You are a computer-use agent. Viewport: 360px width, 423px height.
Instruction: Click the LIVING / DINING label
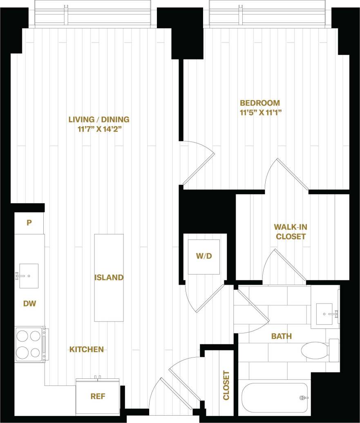pos(99,119)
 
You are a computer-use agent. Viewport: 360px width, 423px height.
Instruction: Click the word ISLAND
pos(109,277)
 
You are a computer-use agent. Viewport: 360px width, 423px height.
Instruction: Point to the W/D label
pos(204,256)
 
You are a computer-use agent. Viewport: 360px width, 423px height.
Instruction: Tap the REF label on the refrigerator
pos(98,396)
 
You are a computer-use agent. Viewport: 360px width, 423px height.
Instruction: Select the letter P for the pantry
pos(29,223)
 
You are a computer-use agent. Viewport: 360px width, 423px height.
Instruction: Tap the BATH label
pos(282,336)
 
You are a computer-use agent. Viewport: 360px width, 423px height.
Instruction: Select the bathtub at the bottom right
pos(274,398)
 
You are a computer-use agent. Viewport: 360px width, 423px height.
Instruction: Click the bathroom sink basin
pos(325,314)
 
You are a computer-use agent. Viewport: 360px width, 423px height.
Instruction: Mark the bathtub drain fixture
pos(303,398)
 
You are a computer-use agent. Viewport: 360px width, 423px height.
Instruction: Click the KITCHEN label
pos(86,349)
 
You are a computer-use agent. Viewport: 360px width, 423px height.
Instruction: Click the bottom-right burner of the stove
pos(36,352)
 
